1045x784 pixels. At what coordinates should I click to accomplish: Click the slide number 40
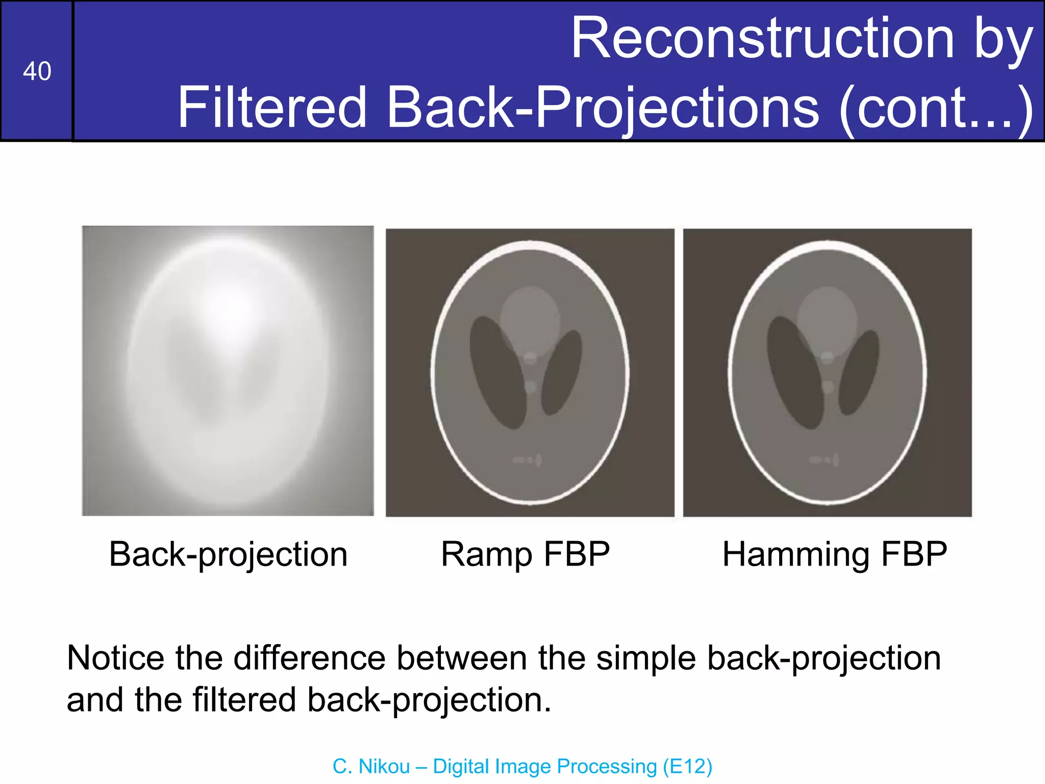click(37, 71)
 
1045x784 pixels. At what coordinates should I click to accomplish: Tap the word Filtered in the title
click(272, 107)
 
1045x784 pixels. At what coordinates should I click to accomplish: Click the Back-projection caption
click(228, 554)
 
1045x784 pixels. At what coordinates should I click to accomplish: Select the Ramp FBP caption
click(526, 554)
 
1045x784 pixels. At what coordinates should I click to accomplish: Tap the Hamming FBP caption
click(835, 554)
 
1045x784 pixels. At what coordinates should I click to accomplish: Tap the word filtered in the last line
click(244, 699)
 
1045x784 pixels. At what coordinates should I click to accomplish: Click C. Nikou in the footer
click(371, 766)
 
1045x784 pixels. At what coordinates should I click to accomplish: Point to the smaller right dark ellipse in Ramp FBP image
click(561, 373)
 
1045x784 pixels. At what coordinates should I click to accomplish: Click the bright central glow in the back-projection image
click(232, 306)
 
